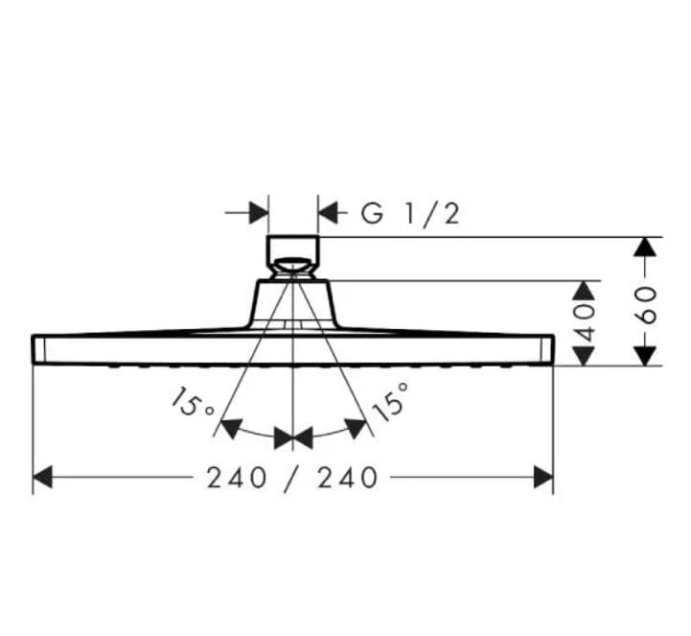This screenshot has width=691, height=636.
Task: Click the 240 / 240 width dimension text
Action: [x=293, y=477]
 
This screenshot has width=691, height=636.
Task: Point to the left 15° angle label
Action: [x=193, y=403]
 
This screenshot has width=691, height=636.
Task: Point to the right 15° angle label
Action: [x=391, y=401]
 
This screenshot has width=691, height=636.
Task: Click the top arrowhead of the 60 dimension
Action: [x=645, y=247]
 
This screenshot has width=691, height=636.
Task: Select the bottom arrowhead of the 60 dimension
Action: [x=645, y=354]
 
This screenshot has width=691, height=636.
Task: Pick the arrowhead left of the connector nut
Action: [x=257, y=212]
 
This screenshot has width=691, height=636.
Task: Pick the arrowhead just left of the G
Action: [x=330, y=212]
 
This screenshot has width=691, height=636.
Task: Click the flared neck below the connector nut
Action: [x=292, y=302]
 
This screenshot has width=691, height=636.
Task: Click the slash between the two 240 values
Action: [x=293, y=477]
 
